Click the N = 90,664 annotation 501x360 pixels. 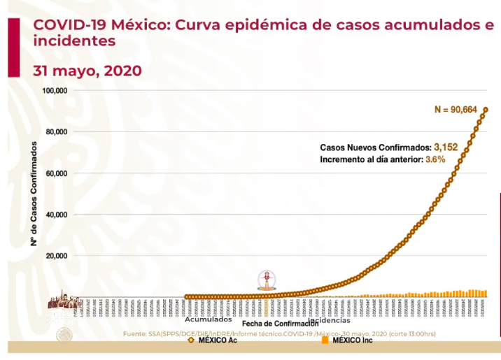[x=456, y=109]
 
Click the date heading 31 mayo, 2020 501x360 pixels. [x=87, y=71]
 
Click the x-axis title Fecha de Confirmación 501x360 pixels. [x=281, y=324]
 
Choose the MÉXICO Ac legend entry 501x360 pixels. [x=213, y=341]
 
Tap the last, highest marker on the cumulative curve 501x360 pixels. [x=485, y=109]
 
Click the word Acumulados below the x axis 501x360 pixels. [x=208, y=319]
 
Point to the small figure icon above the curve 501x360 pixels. [x=267, y=280]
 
